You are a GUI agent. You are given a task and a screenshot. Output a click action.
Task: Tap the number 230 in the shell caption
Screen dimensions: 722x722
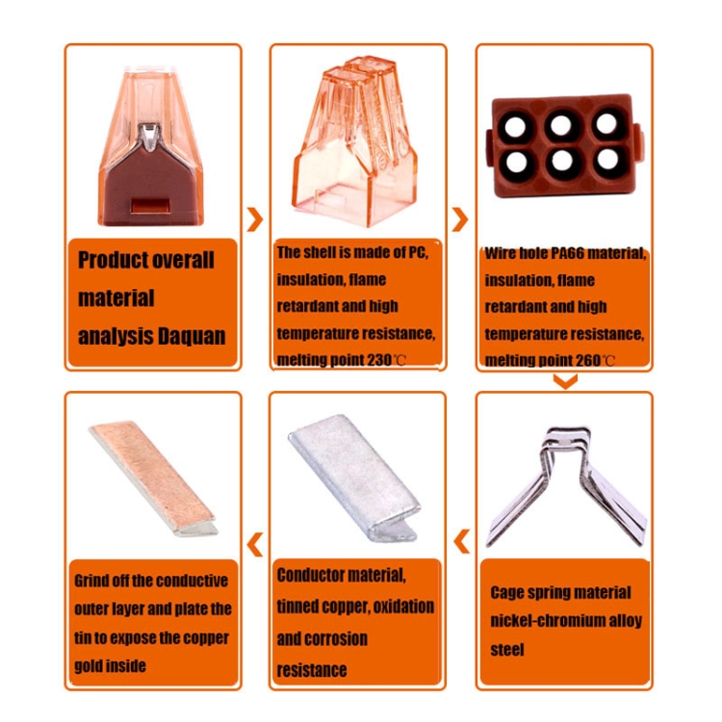click(x=379, y=360)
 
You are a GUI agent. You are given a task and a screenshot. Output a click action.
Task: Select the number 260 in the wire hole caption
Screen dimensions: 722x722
click(x=588, y=361)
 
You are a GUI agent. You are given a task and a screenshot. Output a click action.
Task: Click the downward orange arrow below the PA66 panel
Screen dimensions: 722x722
click(x=565, y=381)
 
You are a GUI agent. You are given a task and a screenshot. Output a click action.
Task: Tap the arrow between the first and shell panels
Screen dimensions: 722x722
click(x=255, y=219)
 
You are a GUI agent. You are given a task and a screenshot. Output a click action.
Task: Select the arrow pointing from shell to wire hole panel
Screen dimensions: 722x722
click(x=460, y=219)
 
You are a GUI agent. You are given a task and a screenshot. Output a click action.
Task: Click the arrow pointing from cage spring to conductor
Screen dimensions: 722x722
click(x=462, y=541)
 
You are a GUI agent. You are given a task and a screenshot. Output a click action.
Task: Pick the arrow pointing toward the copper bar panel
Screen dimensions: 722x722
click(x=255, y=544)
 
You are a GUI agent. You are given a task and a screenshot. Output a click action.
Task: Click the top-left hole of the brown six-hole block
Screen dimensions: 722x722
click(x=515, y=126)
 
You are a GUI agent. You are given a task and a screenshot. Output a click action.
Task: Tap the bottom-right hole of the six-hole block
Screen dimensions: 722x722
click(x=607, y=159)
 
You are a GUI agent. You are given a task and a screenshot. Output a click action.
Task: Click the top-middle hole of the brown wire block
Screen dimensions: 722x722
click(x=561, y=125)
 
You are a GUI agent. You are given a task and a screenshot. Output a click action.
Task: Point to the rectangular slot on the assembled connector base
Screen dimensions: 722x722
click(x=148, y=205)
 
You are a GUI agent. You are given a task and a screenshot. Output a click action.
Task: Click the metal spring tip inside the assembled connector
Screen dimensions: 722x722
click(x=149, y=137)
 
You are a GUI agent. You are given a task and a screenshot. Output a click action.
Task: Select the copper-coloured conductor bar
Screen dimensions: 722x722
click(x=153, y=478)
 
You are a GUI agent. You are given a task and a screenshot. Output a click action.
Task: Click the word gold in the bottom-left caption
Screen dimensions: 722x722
click(x=88, y=666)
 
